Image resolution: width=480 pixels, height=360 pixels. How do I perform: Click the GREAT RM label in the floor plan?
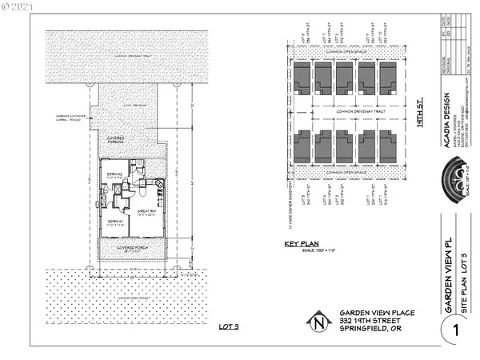pyautogui.click(x=144, y=212)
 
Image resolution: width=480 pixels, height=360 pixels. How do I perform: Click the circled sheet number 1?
pyautogui.click(x=454, y=329)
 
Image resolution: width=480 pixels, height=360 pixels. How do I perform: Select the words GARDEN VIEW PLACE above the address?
pyautogui.click(x=367, y=313)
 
